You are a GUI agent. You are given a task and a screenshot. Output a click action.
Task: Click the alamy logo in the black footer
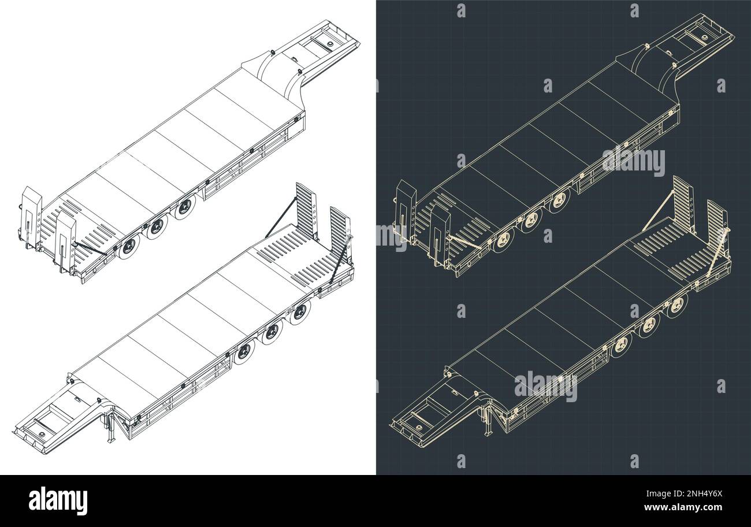tap(58, 500)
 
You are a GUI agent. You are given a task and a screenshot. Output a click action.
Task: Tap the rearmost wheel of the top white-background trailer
tap(129, 247)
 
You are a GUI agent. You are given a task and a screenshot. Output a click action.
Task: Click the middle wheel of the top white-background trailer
tap(157, 228)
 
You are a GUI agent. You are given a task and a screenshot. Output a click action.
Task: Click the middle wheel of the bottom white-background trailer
tap(272, 332)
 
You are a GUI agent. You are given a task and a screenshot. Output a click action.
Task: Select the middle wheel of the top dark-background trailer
tap(531, 220)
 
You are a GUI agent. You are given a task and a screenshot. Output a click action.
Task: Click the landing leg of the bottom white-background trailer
tap(108, 428)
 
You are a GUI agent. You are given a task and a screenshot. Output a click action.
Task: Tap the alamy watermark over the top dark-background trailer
tap(633, 161)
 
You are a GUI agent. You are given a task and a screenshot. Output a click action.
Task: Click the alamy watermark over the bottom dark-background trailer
tap(545, 387)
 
